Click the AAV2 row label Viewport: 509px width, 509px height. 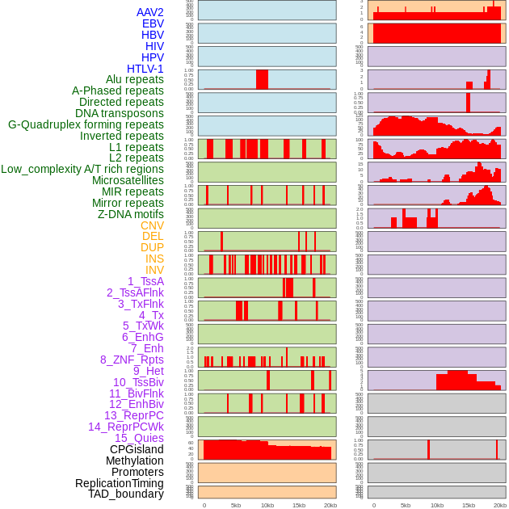(x=149, y=12)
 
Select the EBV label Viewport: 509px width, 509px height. (x=152, y=23)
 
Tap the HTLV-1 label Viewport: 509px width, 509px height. (x=145, y=69)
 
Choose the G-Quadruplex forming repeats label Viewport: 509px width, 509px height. (x=86, y=124)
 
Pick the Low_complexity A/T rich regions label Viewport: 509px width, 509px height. (x=82, y=169)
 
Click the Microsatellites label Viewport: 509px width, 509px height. (x=127, y=180)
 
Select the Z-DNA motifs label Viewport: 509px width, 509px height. (x=130, y=214)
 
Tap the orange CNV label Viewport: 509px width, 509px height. (x=152, y=225)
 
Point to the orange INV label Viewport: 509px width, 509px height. (x=154, y=270)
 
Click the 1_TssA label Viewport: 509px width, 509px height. (x=145, y=281)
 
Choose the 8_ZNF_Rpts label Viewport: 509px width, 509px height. (x=132, y=360)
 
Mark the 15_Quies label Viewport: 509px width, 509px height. (x=138, y=438)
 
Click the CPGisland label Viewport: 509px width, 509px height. (x=137, y=449)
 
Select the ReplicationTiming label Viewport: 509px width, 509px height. (x=119, y=483)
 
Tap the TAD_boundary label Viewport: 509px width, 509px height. (x=125, y=494)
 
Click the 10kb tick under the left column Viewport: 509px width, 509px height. (x=267, y=505)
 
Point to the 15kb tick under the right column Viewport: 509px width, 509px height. (x=468, y=505)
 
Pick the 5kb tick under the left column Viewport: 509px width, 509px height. (x=235, y=505)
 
